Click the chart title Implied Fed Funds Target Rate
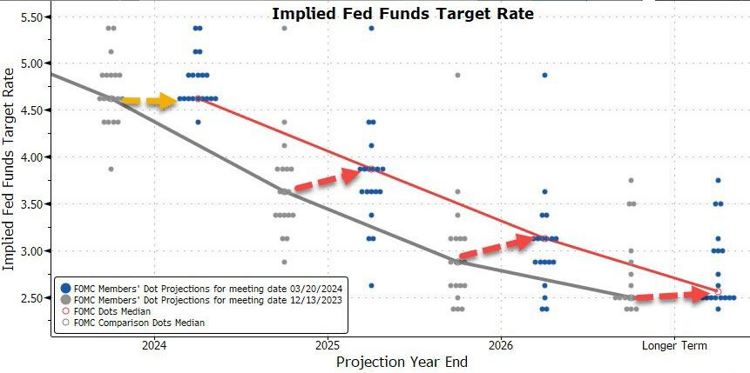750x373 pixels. (402, 14)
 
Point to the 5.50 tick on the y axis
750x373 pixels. (32, 17)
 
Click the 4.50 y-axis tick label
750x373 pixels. (32, 110)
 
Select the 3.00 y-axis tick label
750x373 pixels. (32, 250)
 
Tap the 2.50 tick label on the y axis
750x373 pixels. (32, 297)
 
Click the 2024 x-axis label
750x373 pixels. (154, 345)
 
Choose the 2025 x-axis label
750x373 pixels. (328, 345)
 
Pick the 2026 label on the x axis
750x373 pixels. (501, 345)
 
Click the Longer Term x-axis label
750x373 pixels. (674, 345)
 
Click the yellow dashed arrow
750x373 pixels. (149, 102)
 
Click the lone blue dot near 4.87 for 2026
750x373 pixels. (544, 76)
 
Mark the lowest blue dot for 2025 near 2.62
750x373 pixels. (371, 285)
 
